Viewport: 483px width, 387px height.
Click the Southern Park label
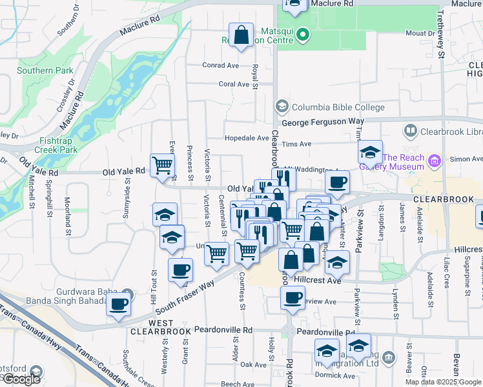pyautogui.click(x=36, y=70)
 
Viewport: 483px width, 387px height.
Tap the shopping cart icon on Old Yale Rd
pyautogui.click(x=163, y=165)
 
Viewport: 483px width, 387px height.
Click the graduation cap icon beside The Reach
pyautogui.click(x=370, y=153)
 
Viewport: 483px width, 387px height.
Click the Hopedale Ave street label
pyautogui.click(x=246, y=138)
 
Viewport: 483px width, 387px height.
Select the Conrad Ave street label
pyautogui.click(x=220, y=65)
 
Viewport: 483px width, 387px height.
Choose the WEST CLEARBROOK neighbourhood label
pyautogui.click(x=160, y=326)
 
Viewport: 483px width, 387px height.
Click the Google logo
pyautogui.click(x=21, y=379)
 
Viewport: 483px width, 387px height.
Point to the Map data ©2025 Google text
pyautogui.click(x=443, y=382)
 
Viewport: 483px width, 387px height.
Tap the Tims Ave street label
pyautogui.click(x=297, y=144)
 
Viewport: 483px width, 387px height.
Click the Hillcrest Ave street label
pyautogui.click(x=316, y=281)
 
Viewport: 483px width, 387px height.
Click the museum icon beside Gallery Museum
pyautogui.click(x=435, y=159)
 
